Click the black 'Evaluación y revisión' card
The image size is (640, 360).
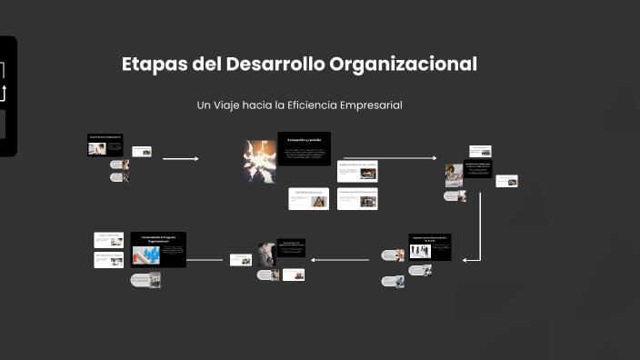coord(304,149)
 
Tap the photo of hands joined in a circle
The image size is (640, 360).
coord(258,161)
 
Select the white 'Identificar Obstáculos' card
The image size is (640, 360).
coord(308,198)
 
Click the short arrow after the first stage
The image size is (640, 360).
coord(180,158)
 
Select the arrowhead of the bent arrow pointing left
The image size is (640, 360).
coord(465,260)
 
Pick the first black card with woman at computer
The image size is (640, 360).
coord(105,145)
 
